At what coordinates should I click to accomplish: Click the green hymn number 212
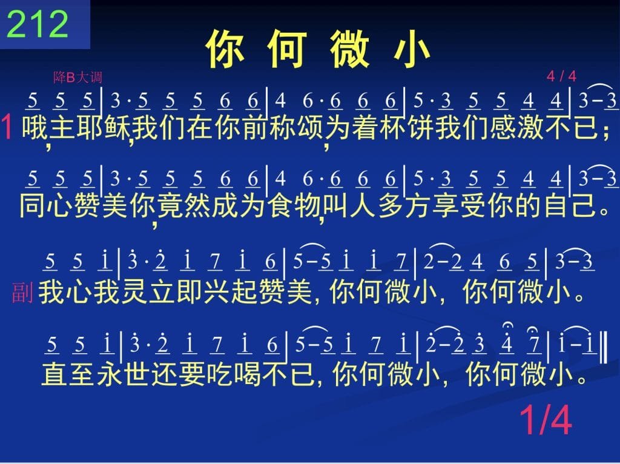[x=38, y=24]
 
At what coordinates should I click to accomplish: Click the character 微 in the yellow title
[x=350, y=49]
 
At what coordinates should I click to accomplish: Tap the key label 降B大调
[x=78, y=77]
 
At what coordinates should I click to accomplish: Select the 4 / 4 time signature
[x=561, y=76]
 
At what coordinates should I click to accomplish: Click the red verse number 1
[x=7, y=127]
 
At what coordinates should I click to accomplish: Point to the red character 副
[x=22, y=293]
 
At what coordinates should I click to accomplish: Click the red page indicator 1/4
[x=546, y=420]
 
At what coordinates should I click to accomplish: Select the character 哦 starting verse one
[x=35, y=127]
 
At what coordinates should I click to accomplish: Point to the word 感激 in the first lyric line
[x=516, y=127]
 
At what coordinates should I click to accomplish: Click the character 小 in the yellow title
[x=412, y=49]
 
